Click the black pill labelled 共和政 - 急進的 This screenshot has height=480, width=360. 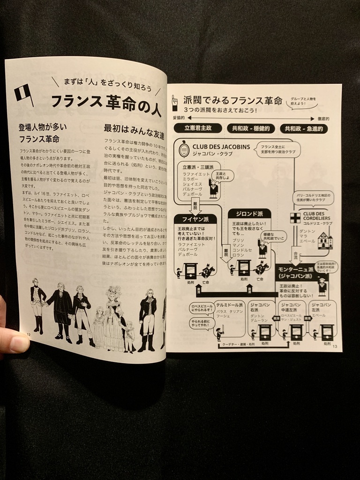(x=304, y=129)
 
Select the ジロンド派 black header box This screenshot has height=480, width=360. (x=249, y=214)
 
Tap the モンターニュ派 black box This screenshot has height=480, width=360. (x=301, y=272)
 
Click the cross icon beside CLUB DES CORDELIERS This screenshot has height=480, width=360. (x=295, y=218)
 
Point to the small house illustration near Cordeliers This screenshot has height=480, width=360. (x=325, y=240)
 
